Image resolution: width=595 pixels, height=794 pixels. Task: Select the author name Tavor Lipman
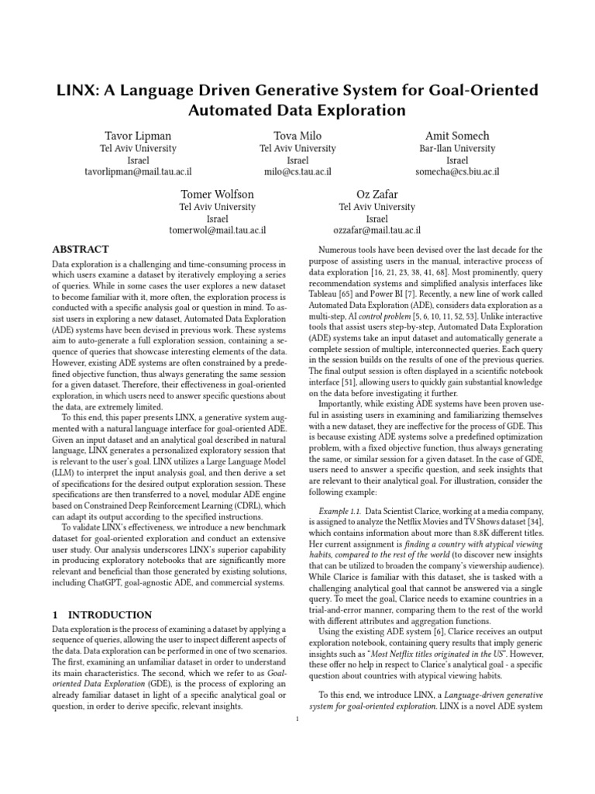coord(138,136)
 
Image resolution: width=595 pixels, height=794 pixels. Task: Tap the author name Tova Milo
coord(297,136)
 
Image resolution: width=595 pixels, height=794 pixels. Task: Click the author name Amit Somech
coord(456,136)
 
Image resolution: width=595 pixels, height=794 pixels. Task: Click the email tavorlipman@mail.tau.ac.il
coord(138,171)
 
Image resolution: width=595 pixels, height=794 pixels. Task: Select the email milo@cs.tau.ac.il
coord(297,171)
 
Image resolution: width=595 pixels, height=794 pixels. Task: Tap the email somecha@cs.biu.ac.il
coord(457,171)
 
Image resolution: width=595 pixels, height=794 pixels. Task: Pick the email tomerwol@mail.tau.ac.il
coord(218,230)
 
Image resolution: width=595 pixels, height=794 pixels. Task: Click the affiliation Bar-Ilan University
coord(457,148)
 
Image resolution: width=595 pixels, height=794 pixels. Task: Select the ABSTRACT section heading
coord(81,250)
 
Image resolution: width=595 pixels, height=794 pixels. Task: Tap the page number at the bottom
coord(297,719)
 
